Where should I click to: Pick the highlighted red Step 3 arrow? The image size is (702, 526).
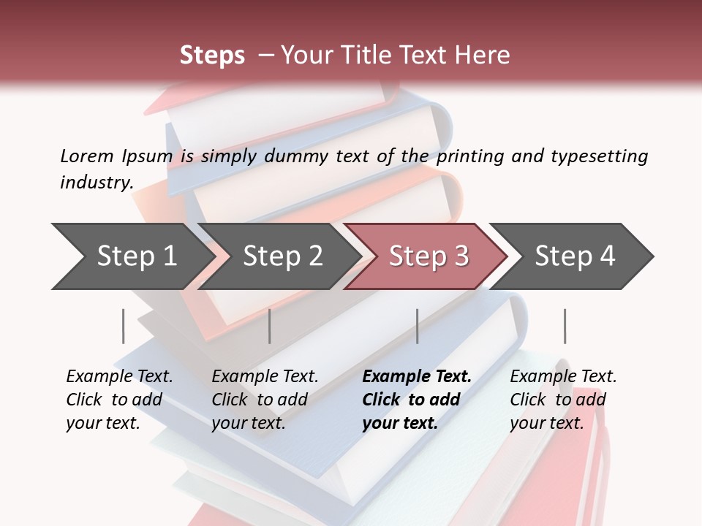point(429,256)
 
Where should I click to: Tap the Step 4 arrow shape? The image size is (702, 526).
point(575,256)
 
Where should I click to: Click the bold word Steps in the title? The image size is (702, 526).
point(212,56)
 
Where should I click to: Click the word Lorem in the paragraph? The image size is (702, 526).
point(87,156)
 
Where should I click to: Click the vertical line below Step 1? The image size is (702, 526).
point(124,326)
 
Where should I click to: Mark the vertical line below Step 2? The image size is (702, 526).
point(270,326)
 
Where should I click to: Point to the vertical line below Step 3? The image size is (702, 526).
point(418,326)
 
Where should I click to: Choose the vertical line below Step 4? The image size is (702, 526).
point(565,326)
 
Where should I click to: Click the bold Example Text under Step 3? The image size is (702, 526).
point(417,376)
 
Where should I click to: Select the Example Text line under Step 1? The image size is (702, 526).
point(119,376)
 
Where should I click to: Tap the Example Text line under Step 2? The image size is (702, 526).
point(265,376)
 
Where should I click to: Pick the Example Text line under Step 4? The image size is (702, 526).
point(563,376)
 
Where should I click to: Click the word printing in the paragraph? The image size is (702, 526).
point(472,156)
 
